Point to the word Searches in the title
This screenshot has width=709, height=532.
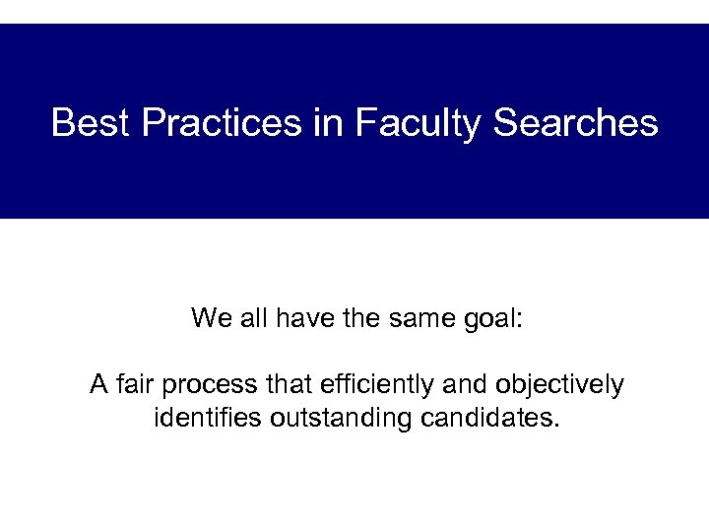tap(575, 123)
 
